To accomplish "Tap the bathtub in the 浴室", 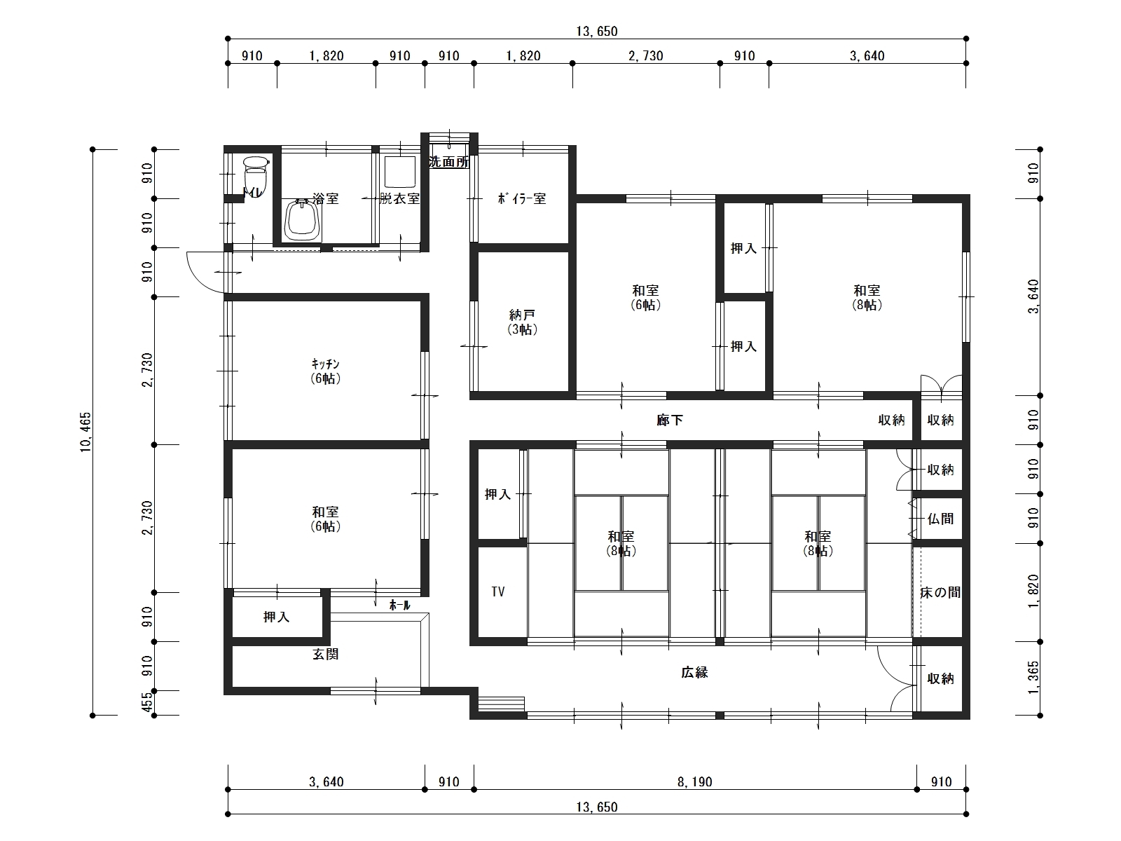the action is [303, 220].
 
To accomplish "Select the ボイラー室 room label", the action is [522, 198].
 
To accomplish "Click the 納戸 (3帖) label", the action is [522, 322].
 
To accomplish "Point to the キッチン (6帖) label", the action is [326, 371].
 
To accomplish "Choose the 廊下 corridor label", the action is [670, 420].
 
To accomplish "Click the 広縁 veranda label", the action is [694, 672].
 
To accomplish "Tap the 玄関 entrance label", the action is [326, 654].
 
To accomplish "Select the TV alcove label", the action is [498, 592].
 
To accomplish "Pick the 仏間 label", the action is [941, 519].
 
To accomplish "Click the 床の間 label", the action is [940, 592].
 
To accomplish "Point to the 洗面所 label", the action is [449, 162].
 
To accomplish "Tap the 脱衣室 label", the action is [400, 198].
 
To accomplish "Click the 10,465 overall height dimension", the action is [85, 432].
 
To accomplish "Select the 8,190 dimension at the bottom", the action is [694, 781].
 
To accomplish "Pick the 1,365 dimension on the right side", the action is [1033, 678].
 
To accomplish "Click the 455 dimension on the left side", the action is [147, 703].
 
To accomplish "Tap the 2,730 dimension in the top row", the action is [645, 55].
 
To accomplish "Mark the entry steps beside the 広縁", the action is [501, 704].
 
